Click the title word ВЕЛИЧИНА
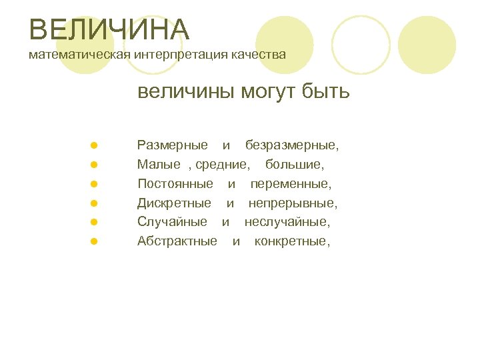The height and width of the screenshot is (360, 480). tap(110, 30)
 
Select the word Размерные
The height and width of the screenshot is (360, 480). tap(172, 145)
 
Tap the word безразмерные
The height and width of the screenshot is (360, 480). tap(291, 145)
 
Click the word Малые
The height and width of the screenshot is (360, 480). tap(159, 164)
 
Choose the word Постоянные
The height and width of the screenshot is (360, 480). tap(175, 183)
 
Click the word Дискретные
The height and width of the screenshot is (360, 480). tap(174, 203)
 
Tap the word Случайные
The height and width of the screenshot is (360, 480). tap(172, 221)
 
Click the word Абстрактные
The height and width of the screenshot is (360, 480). tap(177, 241)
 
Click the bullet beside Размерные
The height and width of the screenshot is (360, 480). tap(95, 145)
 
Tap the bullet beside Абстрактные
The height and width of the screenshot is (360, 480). tap(95, 241)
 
